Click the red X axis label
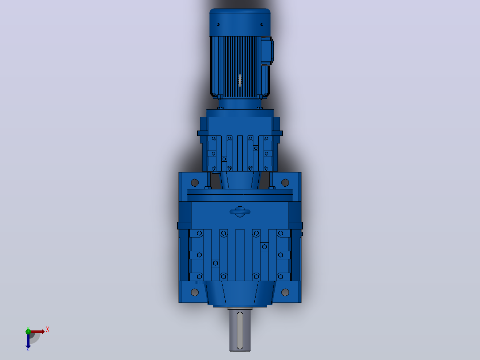pyautogui.click(x=48, y=330)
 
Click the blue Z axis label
pyautogui.click(x=28, y=349)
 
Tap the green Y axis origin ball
pyautogui.click(x=28, y=331)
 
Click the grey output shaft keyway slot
pyautogui.click(x=240, y=331)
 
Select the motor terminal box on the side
pyautogui.click(x=267, y=51)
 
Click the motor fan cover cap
pyautogui.click(x=240, y=22)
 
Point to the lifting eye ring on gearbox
pyautogui.click(x=240, y=212)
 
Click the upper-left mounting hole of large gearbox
pyautogui.click(x=195, y=183)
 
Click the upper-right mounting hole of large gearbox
pyautogui.click(x=285, y=183)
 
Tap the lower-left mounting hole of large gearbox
pyautogui.click(x=195, y=292)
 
